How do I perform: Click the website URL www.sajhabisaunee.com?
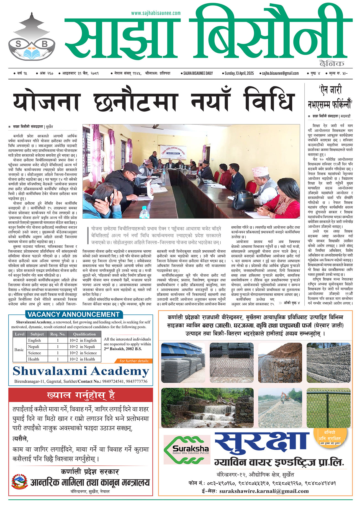tap(156, 13)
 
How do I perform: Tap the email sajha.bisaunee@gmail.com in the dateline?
tap(281, 73)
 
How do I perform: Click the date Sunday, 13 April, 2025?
tap(239, 73)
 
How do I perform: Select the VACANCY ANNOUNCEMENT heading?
tap(73, 315)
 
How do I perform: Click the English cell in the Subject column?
tap(34, 340)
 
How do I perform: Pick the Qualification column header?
tap(84, 334)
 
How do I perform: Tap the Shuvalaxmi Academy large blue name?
tap(81, 371)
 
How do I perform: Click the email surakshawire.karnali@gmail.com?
tap(264, 491)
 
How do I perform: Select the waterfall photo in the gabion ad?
tap(207, 408)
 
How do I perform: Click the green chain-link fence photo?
tap(328, 408)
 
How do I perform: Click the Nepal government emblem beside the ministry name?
tap(19, 482)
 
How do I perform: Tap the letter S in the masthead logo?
tap(19, 44)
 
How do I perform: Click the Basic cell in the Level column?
tap(19, 350)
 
